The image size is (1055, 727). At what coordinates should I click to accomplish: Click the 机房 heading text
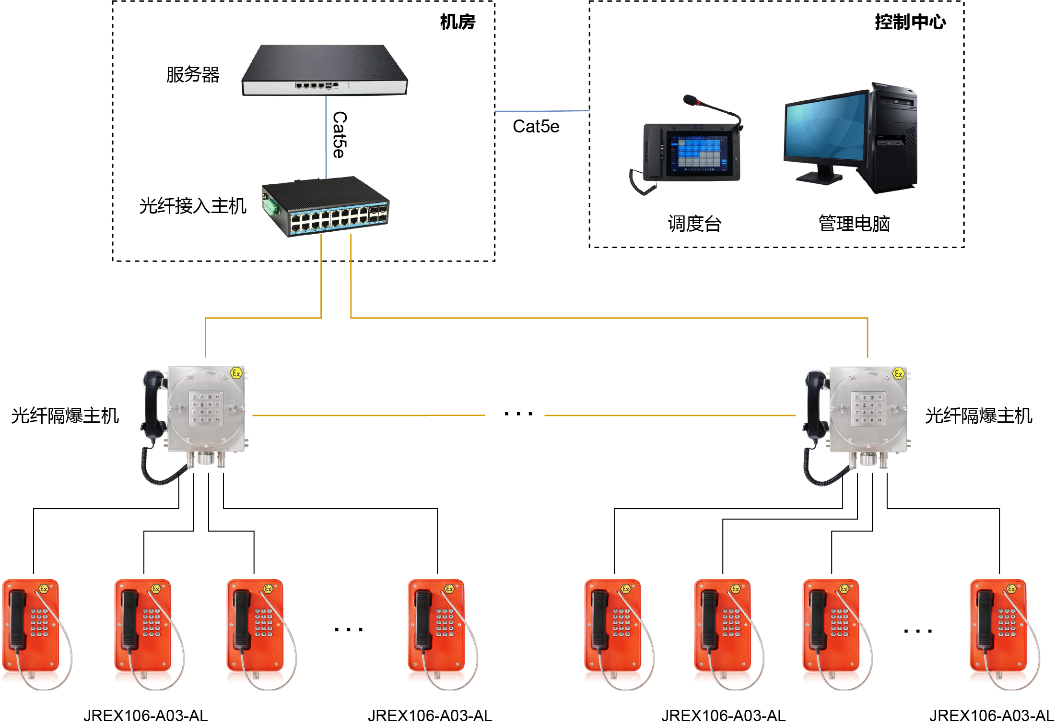(457, 22)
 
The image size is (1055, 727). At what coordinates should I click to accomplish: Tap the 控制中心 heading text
(910, 22)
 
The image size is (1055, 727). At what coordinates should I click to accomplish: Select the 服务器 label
(193, 74)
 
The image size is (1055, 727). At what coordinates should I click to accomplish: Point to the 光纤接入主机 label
(193, 206)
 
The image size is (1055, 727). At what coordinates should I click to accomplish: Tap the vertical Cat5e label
(340, 135)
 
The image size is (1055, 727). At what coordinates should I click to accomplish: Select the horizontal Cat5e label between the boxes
(536, 127)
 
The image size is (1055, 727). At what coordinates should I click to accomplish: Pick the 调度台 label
(694, 224)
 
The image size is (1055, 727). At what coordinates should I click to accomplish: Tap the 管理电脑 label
(854, 224)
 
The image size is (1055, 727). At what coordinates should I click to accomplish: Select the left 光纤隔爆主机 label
(65, 416)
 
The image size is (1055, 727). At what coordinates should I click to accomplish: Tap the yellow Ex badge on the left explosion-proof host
(236, 373)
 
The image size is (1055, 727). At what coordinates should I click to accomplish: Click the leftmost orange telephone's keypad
(39, 622)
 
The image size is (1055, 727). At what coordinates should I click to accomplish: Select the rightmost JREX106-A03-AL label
(991, 715)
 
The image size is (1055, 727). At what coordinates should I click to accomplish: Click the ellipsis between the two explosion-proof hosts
(518, 414)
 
